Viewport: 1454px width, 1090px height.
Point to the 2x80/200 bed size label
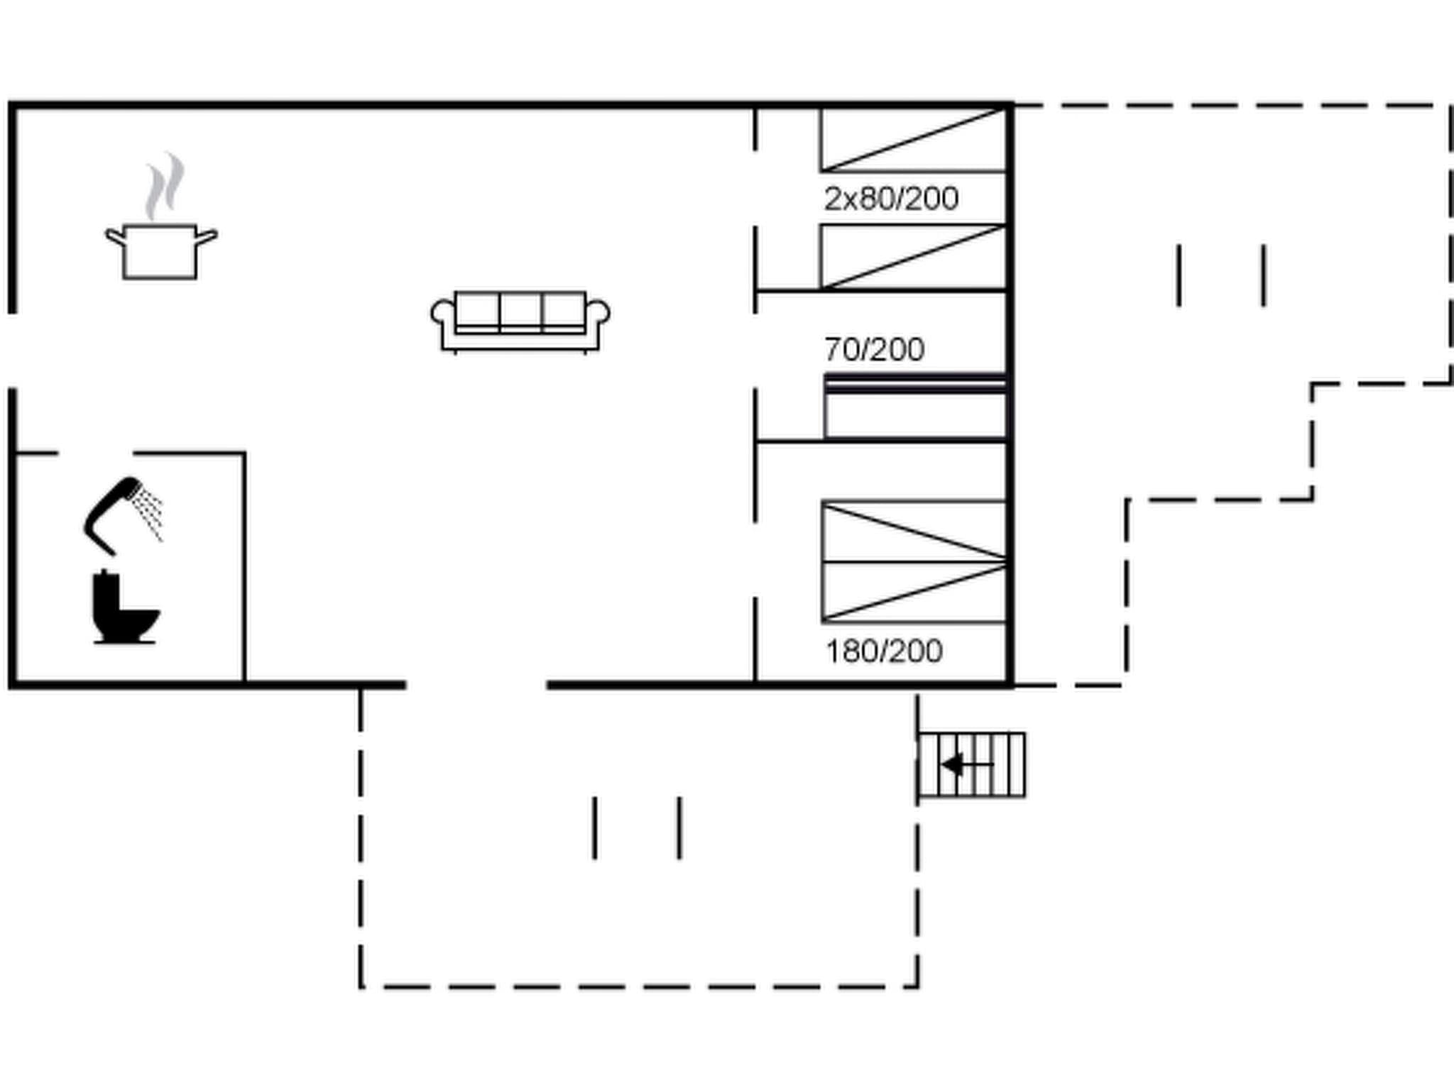(x=891, y=199)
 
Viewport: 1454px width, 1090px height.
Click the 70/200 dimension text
(x=874, y=349)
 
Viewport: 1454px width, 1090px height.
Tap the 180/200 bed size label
(x=884, y=651)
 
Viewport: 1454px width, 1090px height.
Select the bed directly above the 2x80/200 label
(x=914, y=140)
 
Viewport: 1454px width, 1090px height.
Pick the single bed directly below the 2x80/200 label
(x=914, y=257)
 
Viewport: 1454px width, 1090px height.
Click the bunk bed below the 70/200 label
(x=915, y=407)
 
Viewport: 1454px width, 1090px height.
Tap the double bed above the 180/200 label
(x=914, y=561)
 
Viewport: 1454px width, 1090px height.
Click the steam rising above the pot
(x=165, y=186)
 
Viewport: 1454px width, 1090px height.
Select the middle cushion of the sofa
(x=520, y=311)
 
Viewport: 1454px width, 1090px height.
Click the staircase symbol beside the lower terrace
(x=972, y=765)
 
